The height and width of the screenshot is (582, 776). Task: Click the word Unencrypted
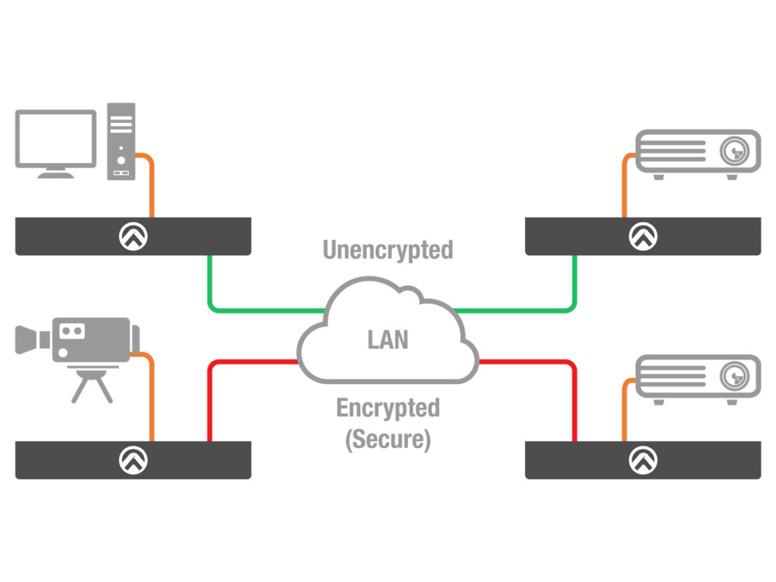(388, 250)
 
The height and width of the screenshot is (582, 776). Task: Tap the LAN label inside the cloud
(388, 340)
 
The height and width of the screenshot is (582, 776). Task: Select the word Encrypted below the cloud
(388, 408)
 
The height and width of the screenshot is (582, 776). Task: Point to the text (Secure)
(388, 439)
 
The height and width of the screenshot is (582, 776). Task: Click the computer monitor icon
(56, 139)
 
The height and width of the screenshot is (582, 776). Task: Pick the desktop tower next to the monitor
(121, 141)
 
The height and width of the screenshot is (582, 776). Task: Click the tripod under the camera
(92, 384)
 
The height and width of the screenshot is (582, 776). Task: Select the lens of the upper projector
(734, 151)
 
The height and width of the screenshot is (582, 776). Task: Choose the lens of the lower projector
(734, 376)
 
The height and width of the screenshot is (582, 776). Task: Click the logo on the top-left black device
(133, 236)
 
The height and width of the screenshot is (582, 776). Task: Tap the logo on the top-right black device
(643, 236)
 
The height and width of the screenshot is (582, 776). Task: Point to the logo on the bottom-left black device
(133, 460)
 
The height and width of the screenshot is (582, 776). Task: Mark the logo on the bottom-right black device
(643, 460)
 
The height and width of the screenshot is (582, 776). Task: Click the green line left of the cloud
(255, 311)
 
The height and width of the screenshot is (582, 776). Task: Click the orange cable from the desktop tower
(151, 189)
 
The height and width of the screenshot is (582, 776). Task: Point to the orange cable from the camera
(151, 400)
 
